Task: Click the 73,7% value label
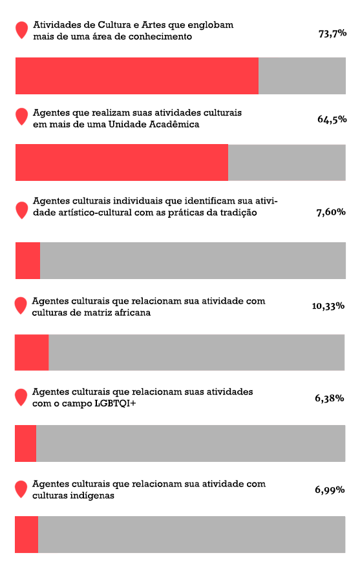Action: (333, 34)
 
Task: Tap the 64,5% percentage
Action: (332, 120)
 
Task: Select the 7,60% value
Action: (331, 212)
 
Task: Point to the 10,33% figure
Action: (328, 306)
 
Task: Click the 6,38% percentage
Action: (329, 398)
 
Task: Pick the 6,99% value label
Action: (330, 490)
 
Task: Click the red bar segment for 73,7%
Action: (137, 76)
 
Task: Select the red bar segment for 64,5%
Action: (122, 162)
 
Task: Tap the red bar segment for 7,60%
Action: (28, 260)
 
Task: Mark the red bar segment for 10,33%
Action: (32, 352)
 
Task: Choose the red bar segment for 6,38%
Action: (26, 443)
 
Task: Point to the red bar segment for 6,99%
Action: (26, 534)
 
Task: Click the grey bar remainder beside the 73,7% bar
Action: (302, 76)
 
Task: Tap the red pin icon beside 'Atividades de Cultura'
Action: (22, 29)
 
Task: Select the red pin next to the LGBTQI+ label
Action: (21, 397)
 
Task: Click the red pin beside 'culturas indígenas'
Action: (21, 488)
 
